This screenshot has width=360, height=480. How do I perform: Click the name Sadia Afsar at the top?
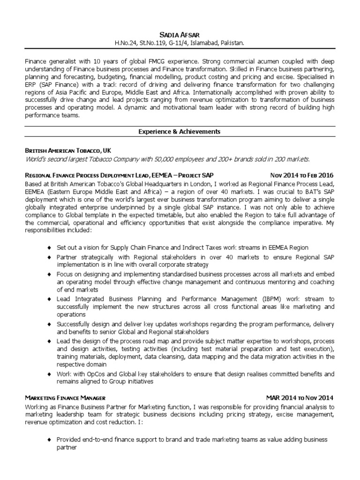[x=180, y=34]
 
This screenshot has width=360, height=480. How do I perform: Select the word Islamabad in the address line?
[x=202, y=43]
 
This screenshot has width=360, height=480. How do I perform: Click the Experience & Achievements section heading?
[x=180, y=132]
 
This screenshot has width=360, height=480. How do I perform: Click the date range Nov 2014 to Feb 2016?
[x=302, y=176]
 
